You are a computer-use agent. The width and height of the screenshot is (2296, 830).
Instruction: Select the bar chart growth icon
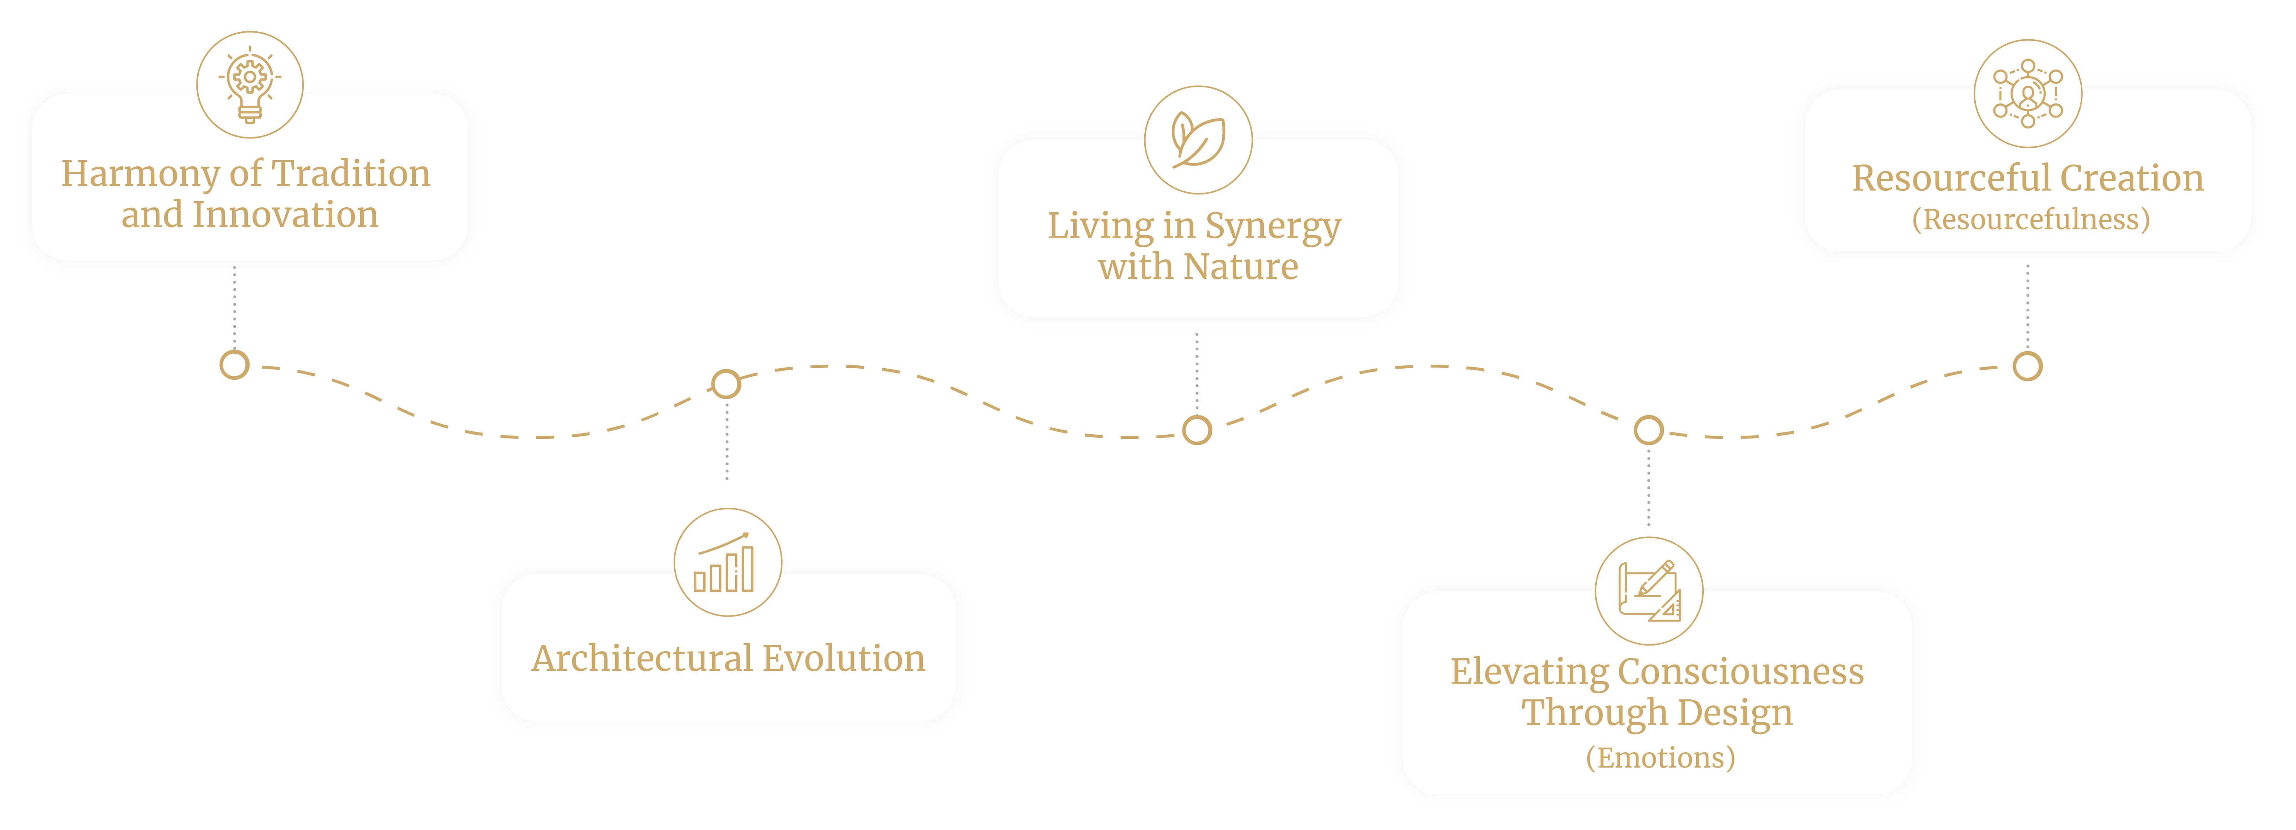click(727, 562)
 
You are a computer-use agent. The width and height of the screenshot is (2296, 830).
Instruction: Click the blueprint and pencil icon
click(1649, 591)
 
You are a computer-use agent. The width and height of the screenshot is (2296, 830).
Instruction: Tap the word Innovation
click(285, 215)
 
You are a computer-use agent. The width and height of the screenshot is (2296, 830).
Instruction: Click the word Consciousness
click(1741, 672)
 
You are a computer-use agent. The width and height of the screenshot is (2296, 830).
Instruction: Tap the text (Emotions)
click(1660, 758)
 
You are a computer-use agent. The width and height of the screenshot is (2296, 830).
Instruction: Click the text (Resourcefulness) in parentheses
click(2030, 219)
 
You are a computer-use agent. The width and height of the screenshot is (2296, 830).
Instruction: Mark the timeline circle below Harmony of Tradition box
click(234, 365)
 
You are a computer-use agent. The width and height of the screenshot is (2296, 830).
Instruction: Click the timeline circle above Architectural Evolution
click(726, 383)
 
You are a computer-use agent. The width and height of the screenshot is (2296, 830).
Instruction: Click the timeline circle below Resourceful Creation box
click(2028, 366)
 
